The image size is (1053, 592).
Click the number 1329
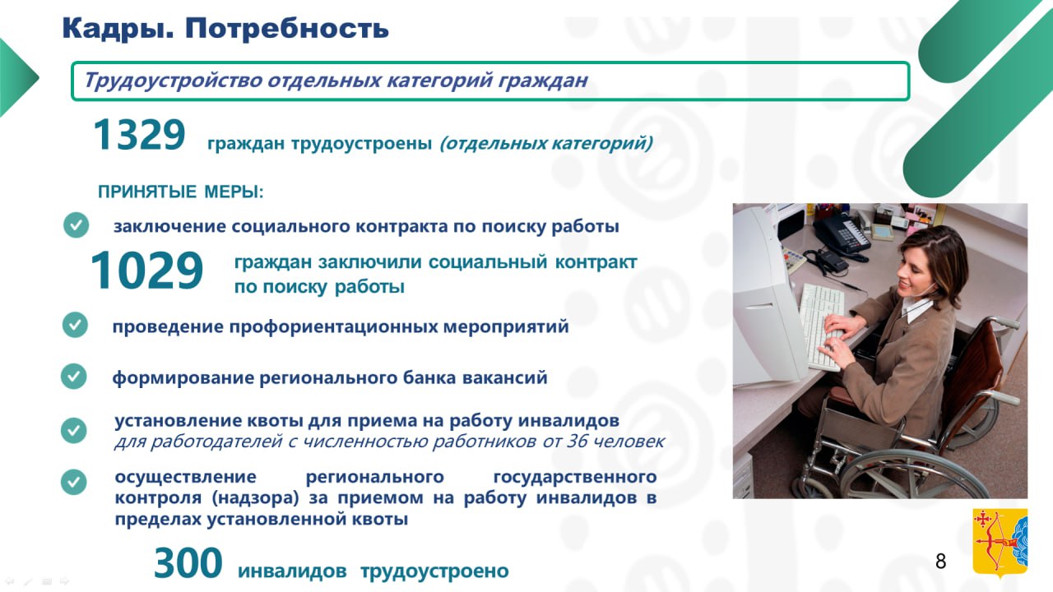[139, 135]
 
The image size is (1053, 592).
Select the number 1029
[146, 271]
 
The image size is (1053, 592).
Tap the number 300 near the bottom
[188, 562]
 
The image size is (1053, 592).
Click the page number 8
[940, 562]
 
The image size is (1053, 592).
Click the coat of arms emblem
[1000, 543]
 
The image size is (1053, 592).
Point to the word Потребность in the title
[287, 28]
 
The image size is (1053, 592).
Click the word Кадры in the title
[118, 29]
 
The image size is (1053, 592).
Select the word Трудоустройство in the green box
[173, 81]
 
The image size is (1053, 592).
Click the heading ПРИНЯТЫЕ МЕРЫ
[180, 192]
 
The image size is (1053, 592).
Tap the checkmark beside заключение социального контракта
[77, 224]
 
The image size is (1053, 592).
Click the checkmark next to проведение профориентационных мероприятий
[75, 325]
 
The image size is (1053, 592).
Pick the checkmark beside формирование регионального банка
[74, 376]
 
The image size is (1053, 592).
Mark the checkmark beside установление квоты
[74, 430]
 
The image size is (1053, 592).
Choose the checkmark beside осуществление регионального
[74, 482]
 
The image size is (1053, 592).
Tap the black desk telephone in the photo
[842, 235]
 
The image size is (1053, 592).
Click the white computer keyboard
[823, 326]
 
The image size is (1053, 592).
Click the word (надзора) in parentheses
[255, 497]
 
